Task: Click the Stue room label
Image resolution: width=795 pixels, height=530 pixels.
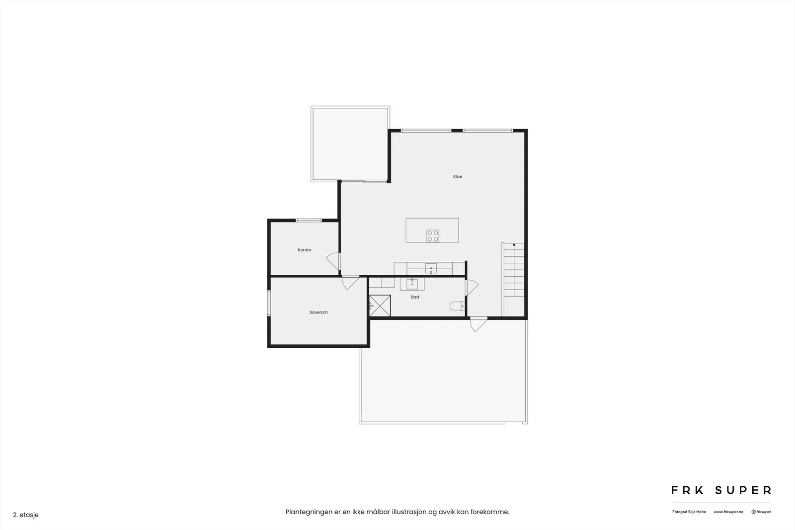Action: [x=458, y=177]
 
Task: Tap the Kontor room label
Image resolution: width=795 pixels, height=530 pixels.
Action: [x=305, y=250]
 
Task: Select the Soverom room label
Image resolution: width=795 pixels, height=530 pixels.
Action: [x=318, y=312]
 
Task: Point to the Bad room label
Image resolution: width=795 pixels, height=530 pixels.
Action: [x=415, y=297]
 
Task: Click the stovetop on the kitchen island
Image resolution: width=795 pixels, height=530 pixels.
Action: [x=433, y=236]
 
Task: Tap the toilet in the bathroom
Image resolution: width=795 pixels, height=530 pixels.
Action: [x=458, y=306]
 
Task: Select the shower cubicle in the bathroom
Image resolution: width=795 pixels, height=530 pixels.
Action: [x=380, y=305]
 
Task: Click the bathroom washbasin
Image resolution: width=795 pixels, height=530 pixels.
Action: [x=412, y=284]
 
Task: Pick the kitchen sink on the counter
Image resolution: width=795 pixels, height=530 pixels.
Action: [x=431, y=269]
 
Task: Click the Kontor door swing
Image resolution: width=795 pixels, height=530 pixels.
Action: [x=333, y=261]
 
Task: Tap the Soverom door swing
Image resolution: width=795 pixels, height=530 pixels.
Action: [x=350, y=283]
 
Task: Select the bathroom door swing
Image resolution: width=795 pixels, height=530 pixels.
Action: [x=472, y=288]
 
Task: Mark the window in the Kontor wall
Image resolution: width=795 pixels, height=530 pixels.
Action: [x=309, y=221]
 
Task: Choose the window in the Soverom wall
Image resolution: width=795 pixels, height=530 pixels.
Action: [x=269, y=303]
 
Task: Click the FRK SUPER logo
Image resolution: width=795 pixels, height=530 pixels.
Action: [x=721, y=490]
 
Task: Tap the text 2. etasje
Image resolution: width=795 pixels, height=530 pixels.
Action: [x=26, y=515]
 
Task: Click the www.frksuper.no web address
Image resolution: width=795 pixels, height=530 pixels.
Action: [x=728, y=512]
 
